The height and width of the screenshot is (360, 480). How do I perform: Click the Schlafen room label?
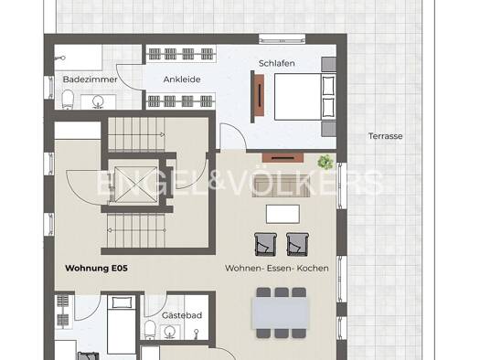276,63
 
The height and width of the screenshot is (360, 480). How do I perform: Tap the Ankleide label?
182,79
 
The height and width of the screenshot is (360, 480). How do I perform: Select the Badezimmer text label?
90,79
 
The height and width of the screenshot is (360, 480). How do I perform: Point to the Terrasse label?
385,136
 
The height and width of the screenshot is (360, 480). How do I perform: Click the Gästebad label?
182,315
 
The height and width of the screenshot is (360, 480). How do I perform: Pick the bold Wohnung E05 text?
96,269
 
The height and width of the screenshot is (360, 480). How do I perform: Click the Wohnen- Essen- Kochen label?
277,269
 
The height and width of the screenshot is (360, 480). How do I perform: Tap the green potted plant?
325,162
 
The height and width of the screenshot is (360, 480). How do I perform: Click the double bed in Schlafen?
304,97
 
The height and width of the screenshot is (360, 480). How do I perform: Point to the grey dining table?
281,312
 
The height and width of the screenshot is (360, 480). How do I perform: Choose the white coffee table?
283,214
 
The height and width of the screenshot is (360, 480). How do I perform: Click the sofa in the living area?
281,186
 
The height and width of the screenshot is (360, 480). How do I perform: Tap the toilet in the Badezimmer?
68,99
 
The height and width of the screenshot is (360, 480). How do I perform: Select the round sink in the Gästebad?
169,332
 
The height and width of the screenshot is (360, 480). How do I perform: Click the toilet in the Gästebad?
150,330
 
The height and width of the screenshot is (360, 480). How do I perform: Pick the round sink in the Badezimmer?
98,101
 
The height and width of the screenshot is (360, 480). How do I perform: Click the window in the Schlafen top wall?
282,39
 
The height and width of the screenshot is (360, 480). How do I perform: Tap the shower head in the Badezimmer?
63,58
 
